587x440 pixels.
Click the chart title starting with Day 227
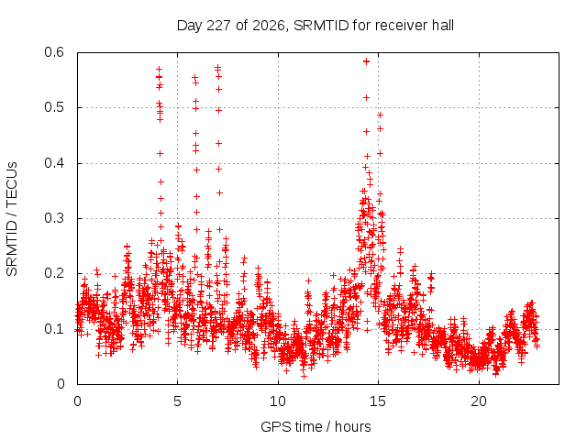316,26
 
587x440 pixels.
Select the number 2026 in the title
269,26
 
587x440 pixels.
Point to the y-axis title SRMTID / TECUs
12,219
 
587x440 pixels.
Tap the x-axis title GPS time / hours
316,426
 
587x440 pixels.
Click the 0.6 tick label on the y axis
54,52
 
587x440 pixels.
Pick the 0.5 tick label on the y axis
54,107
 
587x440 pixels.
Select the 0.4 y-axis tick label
54,163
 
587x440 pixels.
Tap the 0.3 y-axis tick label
54,218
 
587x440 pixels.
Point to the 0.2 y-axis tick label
54,273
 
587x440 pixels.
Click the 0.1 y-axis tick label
54,329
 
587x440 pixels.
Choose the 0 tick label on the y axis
61,384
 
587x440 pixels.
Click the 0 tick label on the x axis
77,401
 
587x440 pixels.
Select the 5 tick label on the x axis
177,401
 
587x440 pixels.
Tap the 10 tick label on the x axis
278,401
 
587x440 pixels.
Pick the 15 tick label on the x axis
378,401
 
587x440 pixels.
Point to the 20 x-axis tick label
479,401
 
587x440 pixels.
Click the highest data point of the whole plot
367,61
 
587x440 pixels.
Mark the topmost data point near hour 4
159,70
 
